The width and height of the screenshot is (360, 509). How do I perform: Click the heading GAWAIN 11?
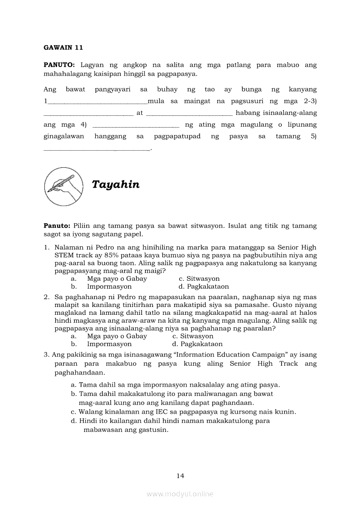coord(63,47)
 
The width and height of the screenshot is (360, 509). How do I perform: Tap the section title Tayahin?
coord(115,185)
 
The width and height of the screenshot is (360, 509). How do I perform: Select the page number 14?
coord(180,475)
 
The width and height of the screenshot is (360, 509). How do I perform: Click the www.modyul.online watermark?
coord(180,494)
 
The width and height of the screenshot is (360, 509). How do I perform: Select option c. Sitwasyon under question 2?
coord(193,336)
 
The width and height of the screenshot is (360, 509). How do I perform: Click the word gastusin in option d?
coord(153,430)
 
